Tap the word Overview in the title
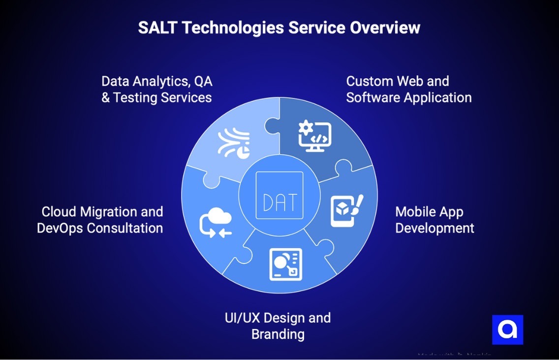pyautogui.click(x=385, y=28)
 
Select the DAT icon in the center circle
pyautogui.click(x=279, y=195)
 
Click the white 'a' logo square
pyautogui.click(x=507, y=329)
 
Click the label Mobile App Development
pyautogui.click(x=435, y=220)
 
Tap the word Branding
pyautogui.click(x=278, y=334)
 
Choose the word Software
pyautogui.click(x=373, y=98)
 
